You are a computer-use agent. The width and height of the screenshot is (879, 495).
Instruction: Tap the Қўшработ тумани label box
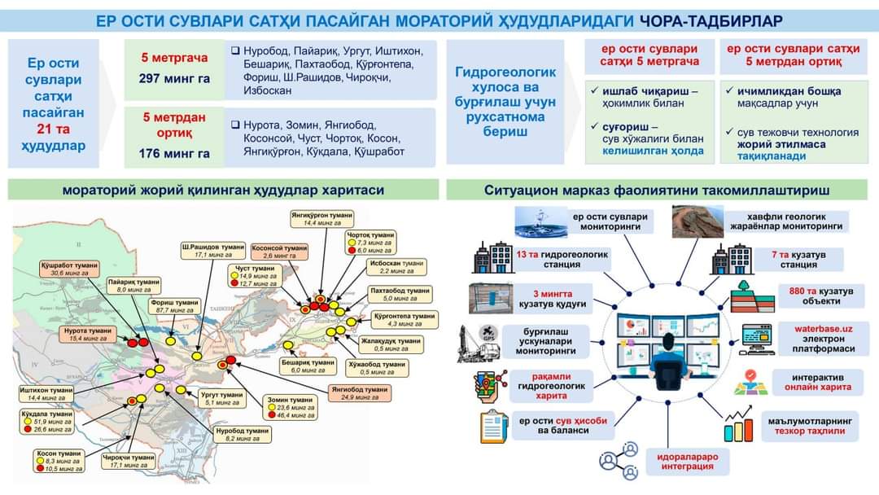[x=68, y=269]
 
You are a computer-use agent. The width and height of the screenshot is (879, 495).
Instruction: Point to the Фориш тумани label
[x=175, y=306]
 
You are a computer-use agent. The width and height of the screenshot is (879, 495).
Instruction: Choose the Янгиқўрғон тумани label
[x=321, y=218]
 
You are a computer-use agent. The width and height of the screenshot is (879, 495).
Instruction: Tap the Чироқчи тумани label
[x=128, y=462]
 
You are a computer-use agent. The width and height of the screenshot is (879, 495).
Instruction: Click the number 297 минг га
[x=174, y=78]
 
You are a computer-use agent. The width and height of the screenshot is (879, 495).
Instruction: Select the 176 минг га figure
[x=174, y=152]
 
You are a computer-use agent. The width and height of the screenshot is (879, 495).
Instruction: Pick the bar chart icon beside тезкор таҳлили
[x=738, y=427]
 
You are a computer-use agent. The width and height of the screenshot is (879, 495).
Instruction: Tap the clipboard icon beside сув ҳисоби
[x=494, y=426]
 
